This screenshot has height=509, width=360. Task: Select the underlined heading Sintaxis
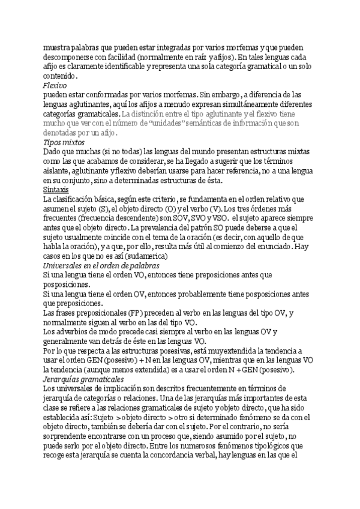point(56,189)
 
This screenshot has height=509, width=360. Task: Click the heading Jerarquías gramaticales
point(82,380)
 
